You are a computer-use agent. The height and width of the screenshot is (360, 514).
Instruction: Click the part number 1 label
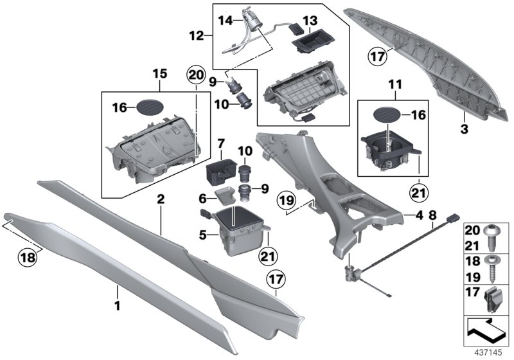[118, 298]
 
